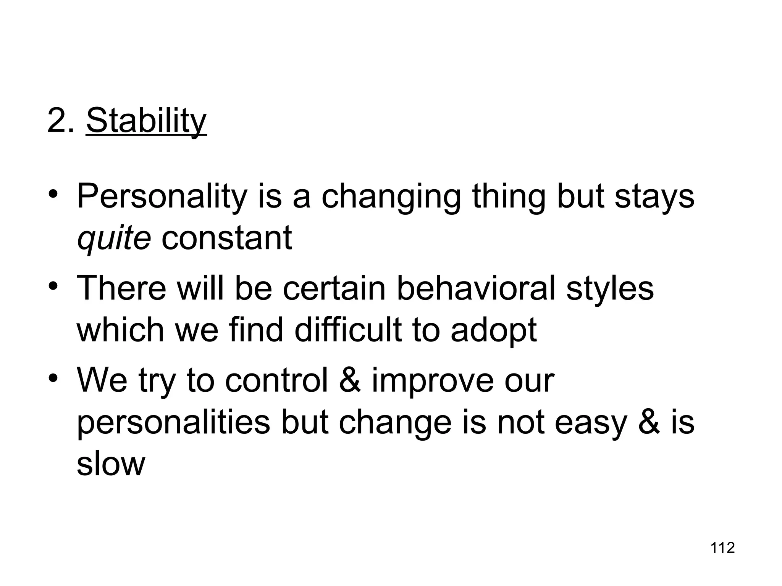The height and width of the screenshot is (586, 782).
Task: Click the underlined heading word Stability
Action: (x=146, y=121)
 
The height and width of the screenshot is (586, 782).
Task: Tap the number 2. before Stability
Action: (x=61, y=121)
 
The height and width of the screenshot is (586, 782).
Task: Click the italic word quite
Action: (x=114, y=238)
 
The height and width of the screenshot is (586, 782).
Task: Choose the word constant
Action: (x=226, y=238)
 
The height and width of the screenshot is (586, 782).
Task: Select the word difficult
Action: (x=348, y=330)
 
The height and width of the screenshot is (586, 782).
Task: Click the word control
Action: (x=277, y=381)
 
